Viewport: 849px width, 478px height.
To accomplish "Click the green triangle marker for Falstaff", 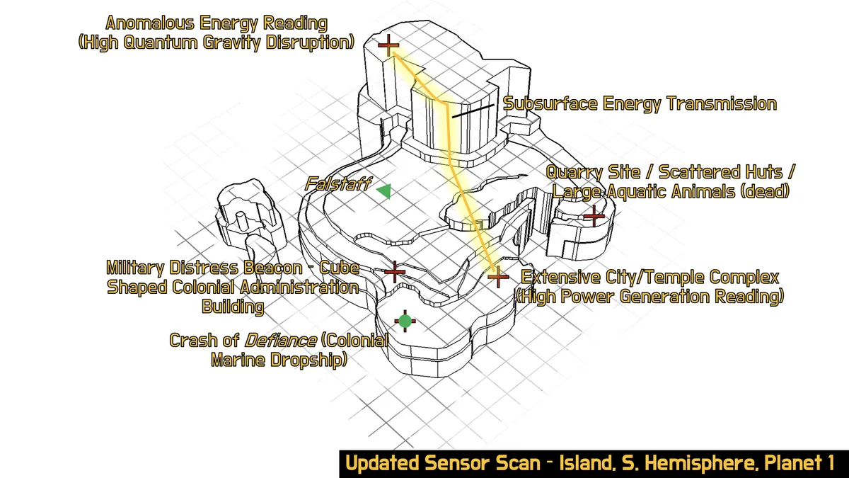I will (384, 190).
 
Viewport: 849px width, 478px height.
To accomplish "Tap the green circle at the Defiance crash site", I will (405, 321).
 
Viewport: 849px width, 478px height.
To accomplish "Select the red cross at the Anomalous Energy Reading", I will (388, 47).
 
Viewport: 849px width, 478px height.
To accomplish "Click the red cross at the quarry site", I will (594, 215).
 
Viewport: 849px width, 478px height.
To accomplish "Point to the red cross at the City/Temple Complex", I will (498, 276).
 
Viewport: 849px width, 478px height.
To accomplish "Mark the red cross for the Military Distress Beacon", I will (394, 271).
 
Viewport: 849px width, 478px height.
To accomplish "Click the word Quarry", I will (574, 173).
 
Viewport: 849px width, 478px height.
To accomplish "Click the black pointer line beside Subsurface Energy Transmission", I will (473, 110).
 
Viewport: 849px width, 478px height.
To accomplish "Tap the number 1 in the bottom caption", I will (828, 464).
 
